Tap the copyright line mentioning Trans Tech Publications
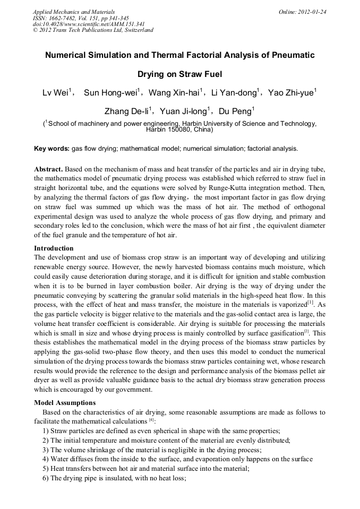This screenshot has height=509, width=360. point(93,30)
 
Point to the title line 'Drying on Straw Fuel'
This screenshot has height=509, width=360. point(179,74)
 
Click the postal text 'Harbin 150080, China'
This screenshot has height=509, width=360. point(179,130)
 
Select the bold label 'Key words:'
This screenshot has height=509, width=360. point(52,149)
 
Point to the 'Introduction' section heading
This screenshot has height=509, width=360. point(54,248)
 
